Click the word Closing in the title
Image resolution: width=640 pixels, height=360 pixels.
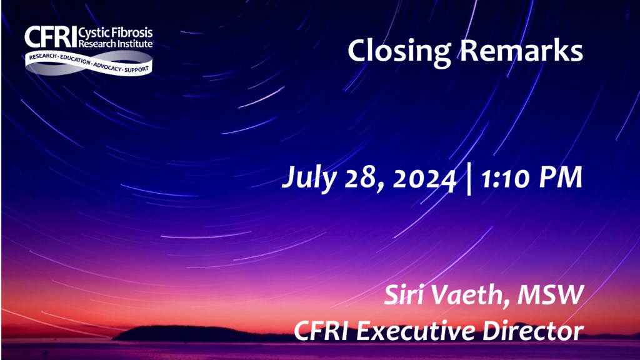coord(399,52)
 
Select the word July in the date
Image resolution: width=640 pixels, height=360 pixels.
coord(309,178)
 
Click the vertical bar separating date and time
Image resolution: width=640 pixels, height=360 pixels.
coord(469,179)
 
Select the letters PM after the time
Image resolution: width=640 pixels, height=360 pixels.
coord(561,177)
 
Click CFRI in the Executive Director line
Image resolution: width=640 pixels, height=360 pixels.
coord(321,331)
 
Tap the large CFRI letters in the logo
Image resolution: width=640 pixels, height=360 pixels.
coord(51,37)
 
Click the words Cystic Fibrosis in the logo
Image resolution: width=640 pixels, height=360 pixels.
coord(116,32)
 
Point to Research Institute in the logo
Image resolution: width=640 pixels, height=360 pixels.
coord(116,43)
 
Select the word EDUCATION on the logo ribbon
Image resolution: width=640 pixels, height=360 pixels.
coord(75,59)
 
